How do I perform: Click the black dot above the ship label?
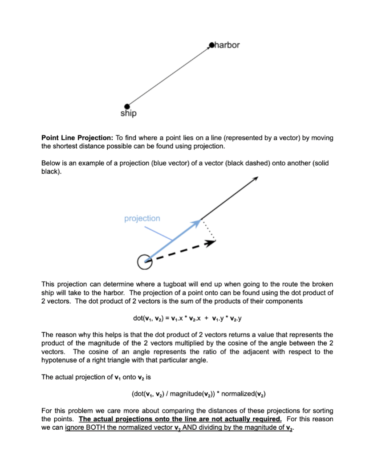pyautogui.click(x=127, y=106)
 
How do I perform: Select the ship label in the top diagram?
pyautogui.click(x=129, y=114)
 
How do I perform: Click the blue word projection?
pyautogui.click(x=142, y=218)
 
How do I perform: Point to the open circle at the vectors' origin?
pyautogui.click(x=144, y=262)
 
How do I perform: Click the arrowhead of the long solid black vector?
pyautogui.click(x=255, y=179)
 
